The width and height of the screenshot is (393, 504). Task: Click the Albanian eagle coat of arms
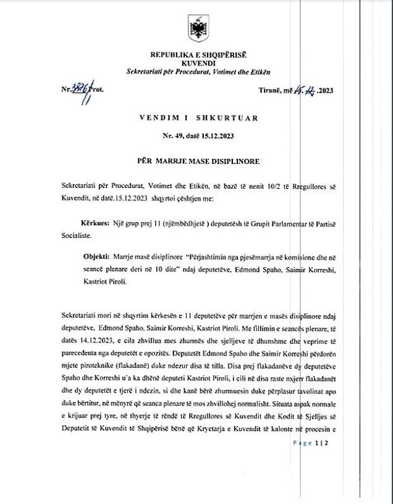coord(198,29)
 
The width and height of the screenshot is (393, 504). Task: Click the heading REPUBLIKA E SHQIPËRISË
coord(198,56)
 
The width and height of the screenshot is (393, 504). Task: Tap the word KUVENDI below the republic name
coord(198,63)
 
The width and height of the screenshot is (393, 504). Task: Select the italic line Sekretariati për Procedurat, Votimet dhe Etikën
coord(198,72)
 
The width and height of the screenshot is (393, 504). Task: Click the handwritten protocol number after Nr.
coord(80,90)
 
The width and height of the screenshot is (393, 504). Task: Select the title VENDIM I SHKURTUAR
coord(198,117)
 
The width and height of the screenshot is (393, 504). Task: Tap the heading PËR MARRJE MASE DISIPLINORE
coord(198,161)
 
